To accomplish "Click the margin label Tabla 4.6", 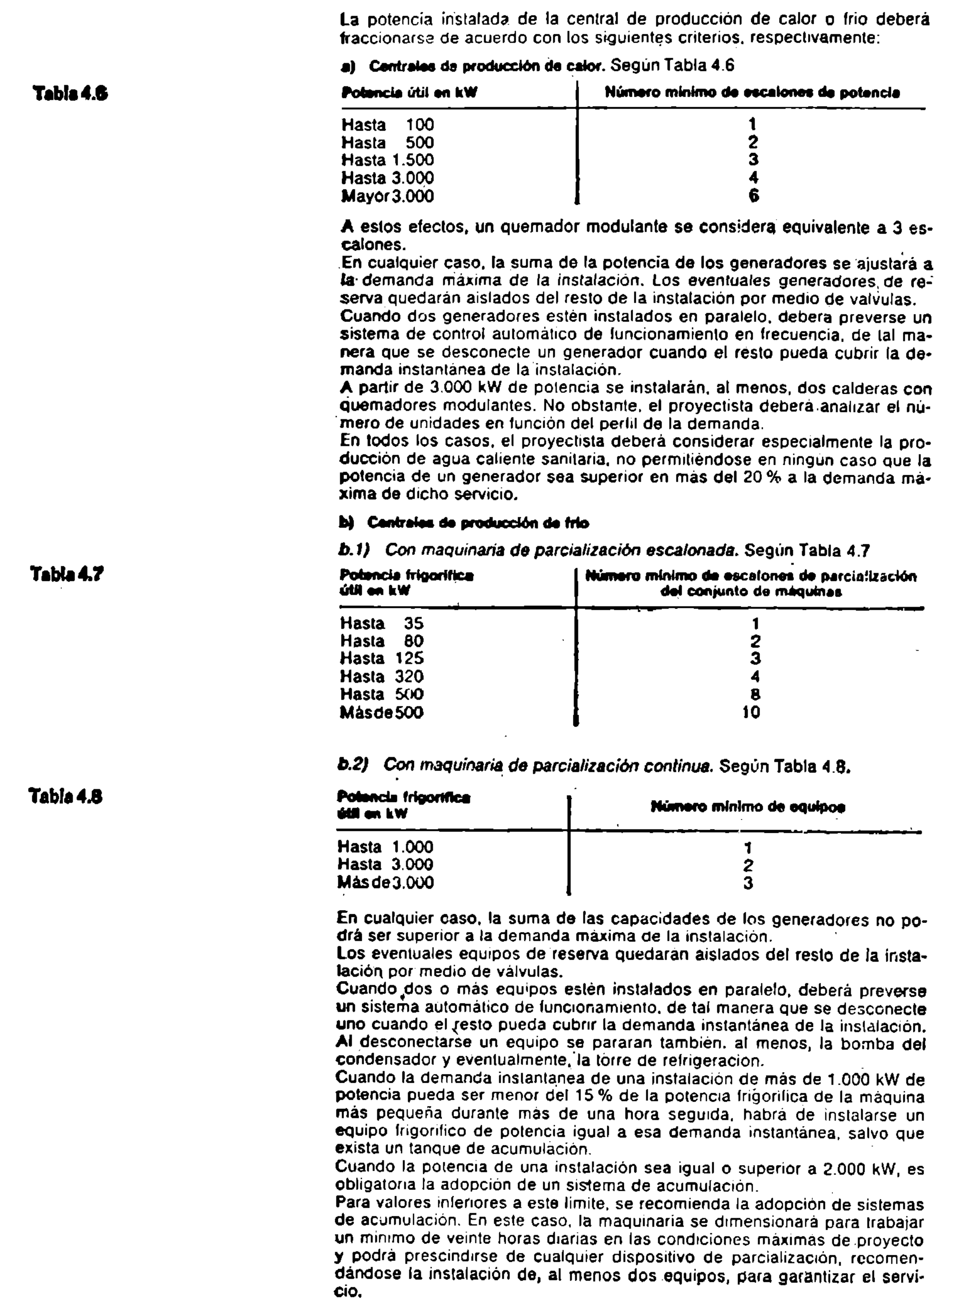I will [x=70, y=93].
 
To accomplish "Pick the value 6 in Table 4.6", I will [x=753, y=196].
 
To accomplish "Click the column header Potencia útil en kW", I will [x=408, y=92].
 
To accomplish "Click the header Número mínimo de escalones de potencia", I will [x=752, y=92].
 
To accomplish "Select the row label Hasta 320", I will [x=381, y=676].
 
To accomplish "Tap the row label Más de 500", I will [x=381, y=712].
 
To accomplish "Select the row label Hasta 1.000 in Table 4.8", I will [x=385, y=848].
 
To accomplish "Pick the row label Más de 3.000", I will [x=385, y=883].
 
